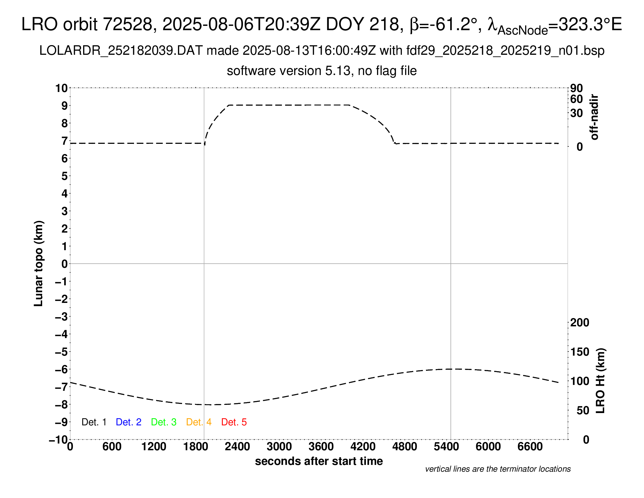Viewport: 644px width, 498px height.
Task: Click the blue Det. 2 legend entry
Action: (x=129, y=422)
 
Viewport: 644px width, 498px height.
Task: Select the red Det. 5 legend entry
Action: (x=234, y=422)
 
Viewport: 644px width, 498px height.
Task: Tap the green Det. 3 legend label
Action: (x=164, y=422)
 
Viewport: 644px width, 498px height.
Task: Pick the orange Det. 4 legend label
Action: (x=199, y=422)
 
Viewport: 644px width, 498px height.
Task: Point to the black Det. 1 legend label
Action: (x=94, y=422)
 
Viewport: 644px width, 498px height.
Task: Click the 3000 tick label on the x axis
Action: (x=279, y=447)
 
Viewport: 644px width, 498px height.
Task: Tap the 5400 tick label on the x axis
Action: (x=446, y=447)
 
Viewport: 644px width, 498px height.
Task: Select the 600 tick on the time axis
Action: (x=112, y=447)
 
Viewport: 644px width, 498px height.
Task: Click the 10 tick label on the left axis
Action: (x=61, y=88)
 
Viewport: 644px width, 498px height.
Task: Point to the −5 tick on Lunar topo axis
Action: (x=61, y=352)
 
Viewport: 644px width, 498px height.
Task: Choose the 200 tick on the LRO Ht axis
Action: (x=580, y=323)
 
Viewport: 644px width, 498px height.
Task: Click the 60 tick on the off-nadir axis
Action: (x=576, y=99)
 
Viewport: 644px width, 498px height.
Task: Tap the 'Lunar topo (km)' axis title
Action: (x=39, y=263)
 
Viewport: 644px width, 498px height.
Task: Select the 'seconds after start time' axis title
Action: (x=319, y=461)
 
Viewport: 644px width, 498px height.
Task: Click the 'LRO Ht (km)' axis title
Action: (x=600, y=381)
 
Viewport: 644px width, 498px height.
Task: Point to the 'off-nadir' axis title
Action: (x=595, y=117)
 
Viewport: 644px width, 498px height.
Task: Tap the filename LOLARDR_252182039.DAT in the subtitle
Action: (x=121, y=51)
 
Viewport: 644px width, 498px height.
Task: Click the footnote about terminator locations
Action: (x=498, y=469)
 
